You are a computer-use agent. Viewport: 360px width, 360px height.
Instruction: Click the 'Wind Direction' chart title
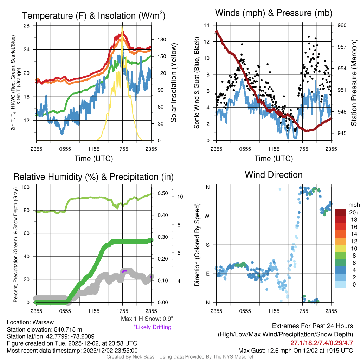tap(274, 175)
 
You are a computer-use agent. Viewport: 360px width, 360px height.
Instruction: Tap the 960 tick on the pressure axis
tap(342, 25)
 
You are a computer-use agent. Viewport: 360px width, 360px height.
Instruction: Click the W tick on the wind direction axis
tap(207, 216)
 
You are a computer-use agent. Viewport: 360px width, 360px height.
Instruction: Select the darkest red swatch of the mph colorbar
tap(341, 213)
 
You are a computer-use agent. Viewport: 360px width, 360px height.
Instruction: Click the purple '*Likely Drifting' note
tap(152, 327)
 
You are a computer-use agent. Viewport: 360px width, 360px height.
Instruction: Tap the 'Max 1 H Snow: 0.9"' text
tap(147, 319)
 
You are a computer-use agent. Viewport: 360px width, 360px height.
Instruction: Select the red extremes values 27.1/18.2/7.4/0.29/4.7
tap(322, 343)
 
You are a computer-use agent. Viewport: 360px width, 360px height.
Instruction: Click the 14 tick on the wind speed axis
tap(207, 25)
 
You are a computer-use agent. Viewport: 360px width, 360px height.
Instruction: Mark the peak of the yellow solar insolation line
tap(122, 27)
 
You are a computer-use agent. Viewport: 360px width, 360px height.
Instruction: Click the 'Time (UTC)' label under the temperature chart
tap(94, 159)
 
